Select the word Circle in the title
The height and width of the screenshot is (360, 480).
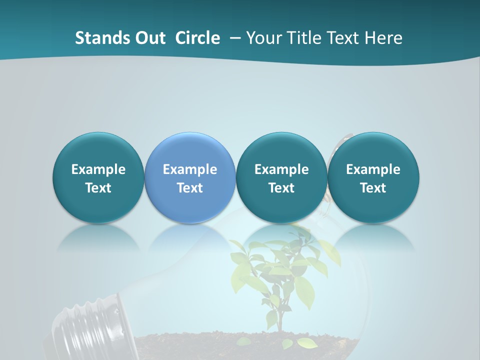pos(197,38)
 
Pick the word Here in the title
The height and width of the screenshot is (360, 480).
pos(383,38)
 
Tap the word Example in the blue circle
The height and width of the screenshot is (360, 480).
pos(190,169)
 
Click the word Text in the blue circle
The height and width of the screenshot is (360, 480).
pos(190,188)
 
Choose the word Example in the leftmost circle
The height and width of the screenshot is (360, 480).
pos(98,169)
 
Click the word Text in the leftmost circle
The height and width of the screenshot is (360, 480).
pos(98,188)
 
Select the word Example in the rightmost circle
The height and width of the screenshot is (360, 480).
pos(373,169)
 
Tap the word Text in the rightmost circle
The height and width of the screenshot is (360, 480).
pos(373,188)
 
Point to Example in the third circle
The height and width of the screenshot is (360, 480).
pos(281,169)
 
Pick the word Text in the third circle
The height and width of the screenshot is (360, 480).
pos(281,188)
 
